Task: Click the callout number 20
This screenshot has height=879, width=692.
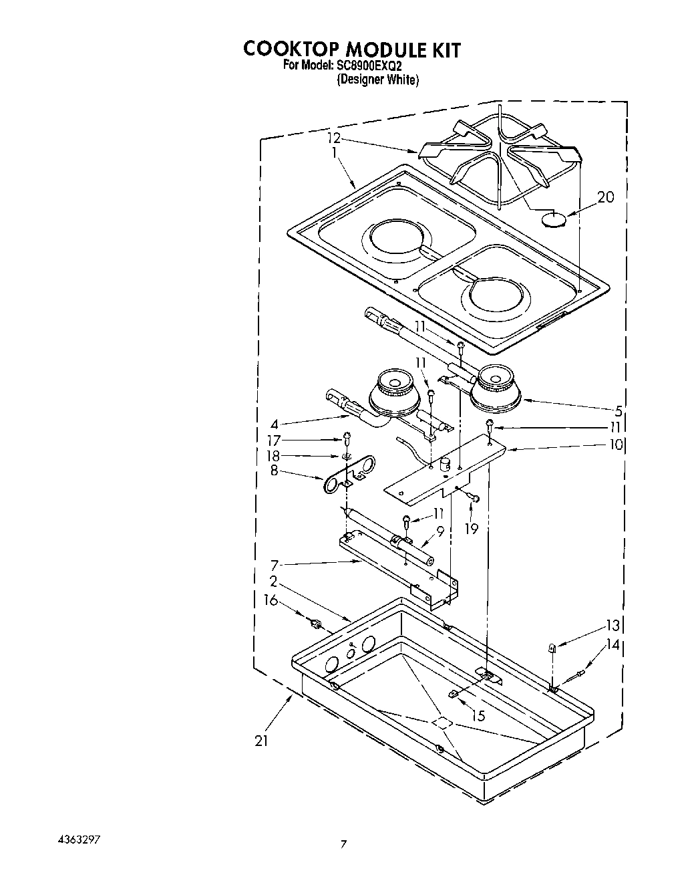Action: coord(605,197)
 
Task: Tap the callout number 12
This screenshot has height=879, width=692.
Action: coord(334,138)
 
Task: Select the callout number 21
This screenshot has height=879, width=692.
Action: coord(261,741)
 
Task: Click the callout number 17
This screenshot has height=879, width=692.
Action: coord(273,441)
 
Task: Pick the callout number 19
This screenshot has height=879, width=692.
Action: coord(472,528)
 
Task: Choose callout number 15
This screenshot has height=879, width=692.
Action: coord(477,716)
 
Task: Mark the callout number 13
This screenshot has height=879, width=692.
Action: coord(613,626)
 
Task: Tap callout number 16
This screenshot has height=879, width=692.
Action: coord(271,600)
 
